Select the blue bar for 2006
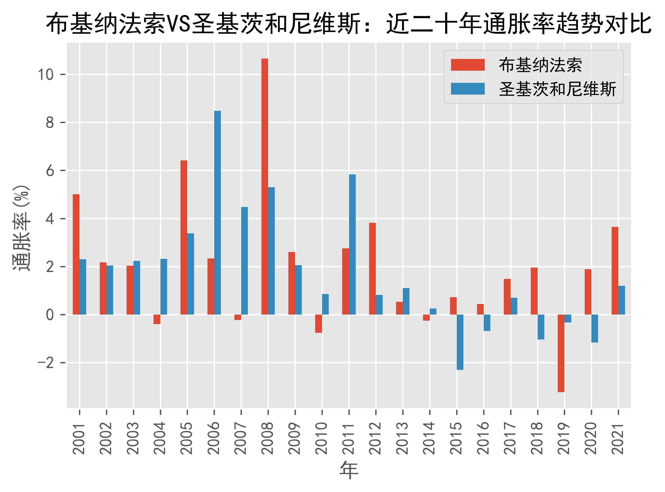point(217,213)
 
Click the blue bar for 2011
point(352,244)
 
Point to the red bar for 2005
point(184,237)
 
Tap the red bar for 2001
point(76,254)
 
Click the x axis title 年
point(349,471)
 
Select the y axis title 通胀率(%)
point(21,228)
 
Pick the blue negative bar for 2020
point(594,329)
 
